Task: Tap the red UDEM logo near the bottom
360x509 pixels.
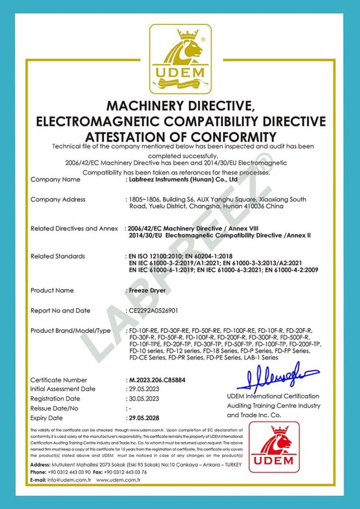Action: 274,447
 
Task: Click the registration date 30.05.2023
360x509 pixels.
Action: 144,399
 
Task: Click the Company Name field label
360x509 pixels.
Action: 55,179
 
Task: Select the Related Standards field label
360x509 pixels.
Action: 58,256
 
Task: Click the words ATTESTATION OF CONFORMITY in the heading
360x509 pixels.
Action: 180,136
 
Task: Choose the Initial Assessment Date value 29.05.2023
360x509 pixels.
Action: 144,389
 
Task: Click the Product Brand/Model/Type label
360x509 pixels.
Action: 70,331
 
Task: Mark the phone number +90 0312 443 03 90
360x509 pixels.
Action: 70,472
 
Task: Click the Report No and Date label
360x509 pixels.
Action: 60,311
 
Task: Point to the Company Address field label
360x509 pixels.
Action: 58,199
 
